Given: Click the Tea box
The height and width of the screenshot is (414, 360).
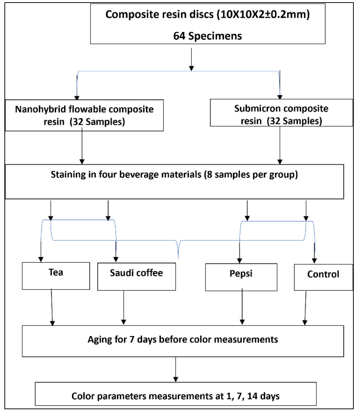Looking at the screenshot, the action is click(x=56, y=276).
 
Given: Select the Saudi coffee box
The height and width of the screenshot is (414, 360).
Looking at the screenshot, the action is click(x=137, y=277).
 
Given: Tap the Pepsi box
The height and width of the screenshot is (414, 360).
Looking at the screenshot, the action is click(x=241, y=277).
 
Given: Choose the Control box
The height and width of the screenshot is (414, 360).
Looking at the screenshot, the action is click(x=324, y=277).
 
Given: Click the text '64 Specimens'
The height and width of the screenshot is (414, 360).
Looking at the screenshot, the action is click(x=208, y=36).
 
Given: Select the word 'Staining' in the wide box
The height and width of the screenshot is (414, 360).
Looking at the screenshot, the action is click(x=68, y=175).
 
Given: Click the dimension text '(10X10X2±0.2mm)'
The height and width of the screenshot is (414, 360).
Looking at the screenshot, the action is click(x=263, y=14).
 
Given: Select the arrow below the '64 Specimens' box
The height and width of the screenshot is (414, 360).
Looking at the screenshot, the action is click(x=191, y=60).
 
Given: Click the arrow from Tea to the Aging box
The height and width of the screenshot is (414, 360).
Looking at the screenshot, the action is click(x=52, y=307).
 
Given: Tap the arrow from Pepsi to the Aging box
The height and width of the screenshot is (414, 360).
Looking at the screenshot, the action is click(x=242, y=307).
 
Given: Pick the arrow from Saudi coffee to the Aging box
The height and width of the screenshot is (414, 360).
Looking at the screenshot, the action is click(x=123, y=308).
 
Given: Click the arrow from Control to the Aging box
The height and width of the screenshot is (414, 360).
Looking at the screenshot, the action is click(x=305, y=308).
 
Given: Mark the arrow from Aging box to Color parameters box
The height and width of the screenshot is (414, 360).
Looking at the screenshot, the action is click(x=176, y=369).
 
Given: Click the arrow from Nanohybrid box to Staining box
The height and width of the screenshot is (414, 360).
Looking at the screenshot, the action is click(x=82, y=146).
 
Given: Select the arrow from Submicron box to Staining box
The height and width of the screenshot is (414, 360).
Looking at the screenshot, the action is click(x=280, y=145).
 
